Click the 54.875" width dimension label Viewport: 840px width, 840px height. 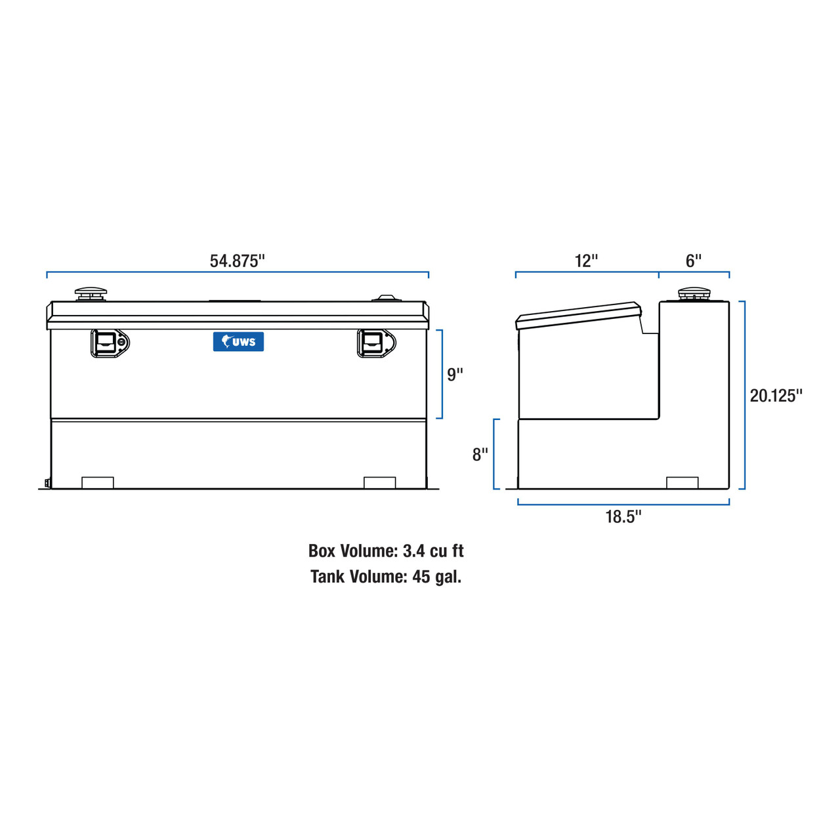237,261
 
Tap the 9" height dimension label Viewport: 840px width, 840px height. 455,374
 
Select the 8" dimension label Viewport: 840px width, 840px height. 480,454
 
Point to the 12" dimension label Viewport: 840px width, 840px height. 586,261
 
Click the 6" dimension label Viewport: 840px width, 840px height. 694,261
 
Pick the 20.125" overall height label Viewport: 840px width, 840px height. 776,395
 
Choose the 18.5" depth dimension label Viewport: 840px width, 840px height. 623,516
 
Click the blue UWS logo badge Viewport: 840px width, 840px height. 238,342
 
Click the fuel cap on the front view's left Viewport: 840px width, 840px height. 91,294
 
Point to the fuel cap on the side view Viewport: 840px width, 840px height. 694,293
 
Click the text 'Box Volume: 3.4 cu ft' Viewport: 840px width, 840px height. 386,551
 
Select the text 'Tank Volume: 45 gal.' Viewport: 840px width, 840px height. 386,577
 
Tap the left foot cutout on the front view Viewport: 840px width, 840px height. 98,482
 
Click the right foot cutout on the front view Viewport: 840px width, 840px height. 379,482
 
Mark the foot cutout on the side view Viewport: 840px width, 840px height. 682,482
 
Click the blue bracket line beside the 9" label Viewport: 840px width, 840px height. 442,374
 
